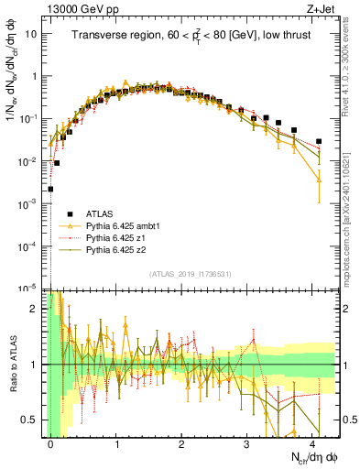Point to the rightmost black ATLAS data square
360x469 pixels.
click(318, 141)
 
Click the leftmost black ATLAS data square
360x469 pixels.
click(50, 189)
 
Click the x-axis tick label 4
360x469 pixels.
click(312, 442)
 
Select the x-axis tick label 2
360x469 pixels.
click(181, 442)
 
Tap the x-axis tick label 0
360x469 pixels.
click(50, 442)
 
